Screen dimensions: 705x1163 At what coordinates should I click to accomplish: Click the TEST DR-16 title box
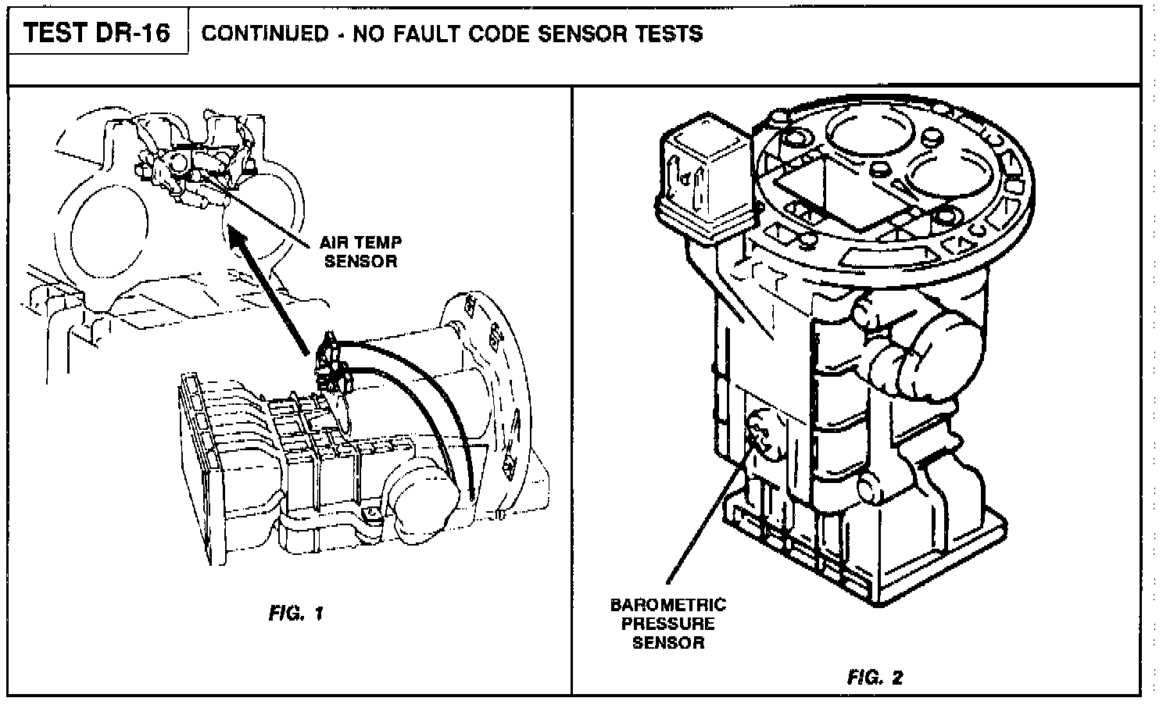coord(97,32)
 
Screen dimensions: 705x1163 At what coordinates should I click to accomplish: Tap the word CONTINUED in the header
coord(265,34)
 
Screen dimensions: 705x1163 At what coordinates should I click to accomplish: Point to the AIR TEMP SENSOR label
coord(360,251)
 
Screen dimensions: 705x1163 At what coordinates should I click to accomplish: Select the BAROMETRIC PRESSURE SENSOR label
coord(667,624)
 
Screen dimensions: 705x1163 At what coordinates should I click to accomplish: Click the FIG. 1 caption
coord(295,614)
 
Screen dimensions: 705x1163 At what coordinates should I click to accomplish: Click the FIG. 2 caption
coord(875,677)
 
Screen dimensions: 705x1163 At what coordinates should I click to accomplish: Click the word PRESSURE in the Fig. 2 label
coord(667,624)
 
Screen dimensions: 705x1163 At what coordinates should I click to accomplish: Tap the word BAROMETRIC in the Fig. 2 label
coord(667,605)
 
